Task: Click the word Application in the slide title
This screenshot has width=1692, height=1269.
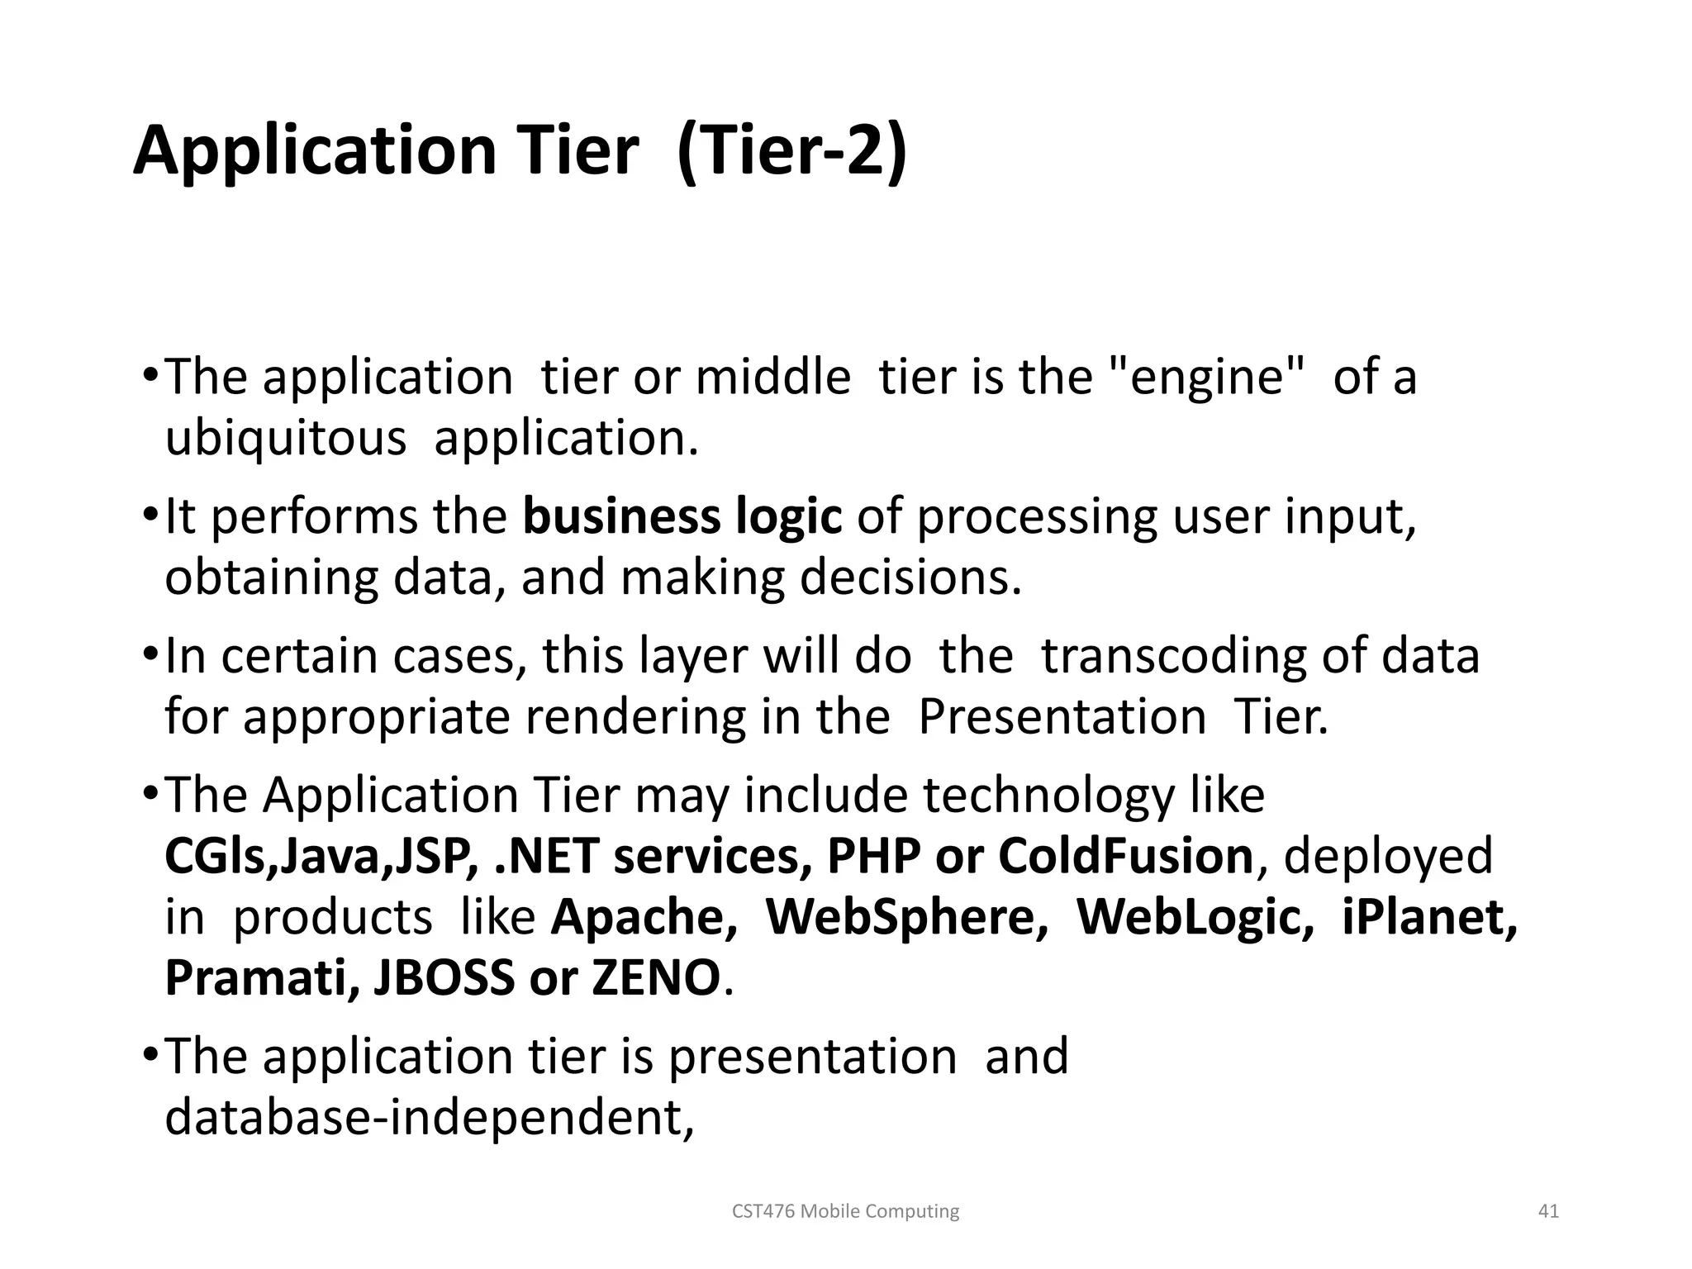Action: [314, 152]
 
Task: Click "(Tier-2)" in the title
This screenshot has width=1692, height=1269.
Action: [791, 152]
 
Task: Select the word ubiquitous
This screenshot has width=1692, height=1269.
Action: [286, 438]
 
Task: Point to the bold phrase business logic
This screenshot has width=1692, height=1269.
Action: [682, 517]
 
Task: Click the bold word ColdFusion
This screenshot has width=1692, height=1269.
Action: [1126, 856]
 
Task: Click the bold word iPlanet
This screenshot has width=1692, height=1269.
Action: [1429, 917]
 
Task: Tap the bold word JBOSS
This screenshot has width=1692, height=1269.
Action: [444, 977]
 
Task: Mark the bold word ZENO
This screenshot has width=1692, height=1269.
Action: [656, 977]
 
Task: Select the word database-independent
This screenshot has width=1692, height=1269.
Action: [430, 1117]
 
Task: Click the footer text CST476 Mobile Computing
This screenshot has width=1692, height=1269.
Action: [846, 1211]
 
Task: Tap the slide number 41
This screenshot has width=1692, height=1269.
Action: [1548, 1211]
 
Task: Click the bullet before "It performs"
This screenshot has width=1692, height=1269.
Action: [150, 516]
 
